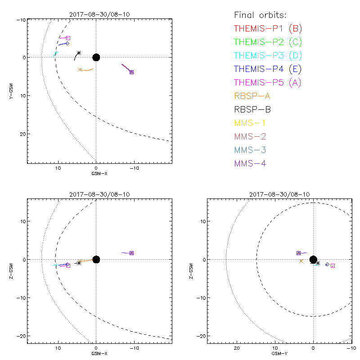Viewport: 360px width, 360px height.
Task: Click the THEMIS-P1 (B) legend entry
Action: (268, 29)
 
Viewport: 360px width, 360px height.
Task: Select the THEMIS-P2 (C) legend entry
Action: (268, 42)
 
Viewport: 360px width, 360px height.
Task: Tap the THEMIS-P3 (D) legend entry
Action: (268, 56)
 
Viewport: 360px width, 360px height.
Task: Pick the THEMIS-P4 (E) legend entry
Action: (268, 69)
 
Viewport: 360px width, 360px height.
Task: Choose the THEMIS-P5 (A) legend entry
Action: (268, 83)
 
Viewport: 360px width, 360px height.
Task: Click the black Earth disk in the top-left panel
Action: (96, 57)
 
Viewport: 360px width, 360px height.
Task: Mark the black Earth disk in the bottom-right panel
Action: (313, 259)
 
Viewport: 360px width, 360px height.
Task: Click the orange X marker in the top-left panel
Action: (80, 69)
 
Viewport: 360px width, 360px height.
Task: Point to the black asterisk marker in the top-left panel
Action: (79, 53)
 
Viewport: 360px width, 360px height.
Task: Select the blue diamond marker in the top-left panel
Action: (67, 43)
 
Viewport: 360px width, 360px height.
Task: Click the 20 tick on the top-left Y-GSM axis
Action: (22, 134)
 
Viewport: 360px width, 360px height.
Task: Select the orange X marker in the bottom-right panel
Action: (301, 261)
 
